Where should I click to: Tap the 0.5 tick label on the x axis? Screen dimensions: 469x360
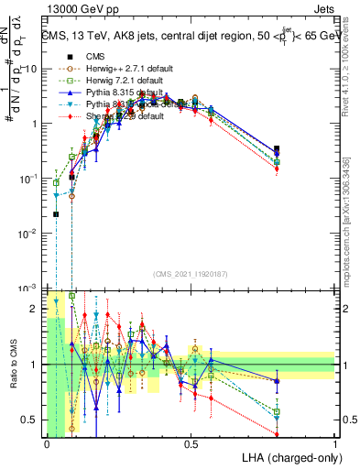point(191,444)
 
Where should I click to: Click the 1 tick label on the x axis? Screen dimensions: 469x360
point(334,444)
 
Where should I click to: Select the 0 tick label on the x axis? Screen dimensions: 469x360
point(47,444)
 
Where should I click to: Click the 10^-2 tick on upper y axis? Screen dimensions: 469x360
point(30,233)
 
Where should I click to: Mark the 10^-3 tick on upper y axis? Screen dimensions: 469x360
point(30,287)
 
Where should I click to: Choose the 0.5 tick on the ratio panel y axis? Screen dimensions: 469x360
point(33,420)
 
